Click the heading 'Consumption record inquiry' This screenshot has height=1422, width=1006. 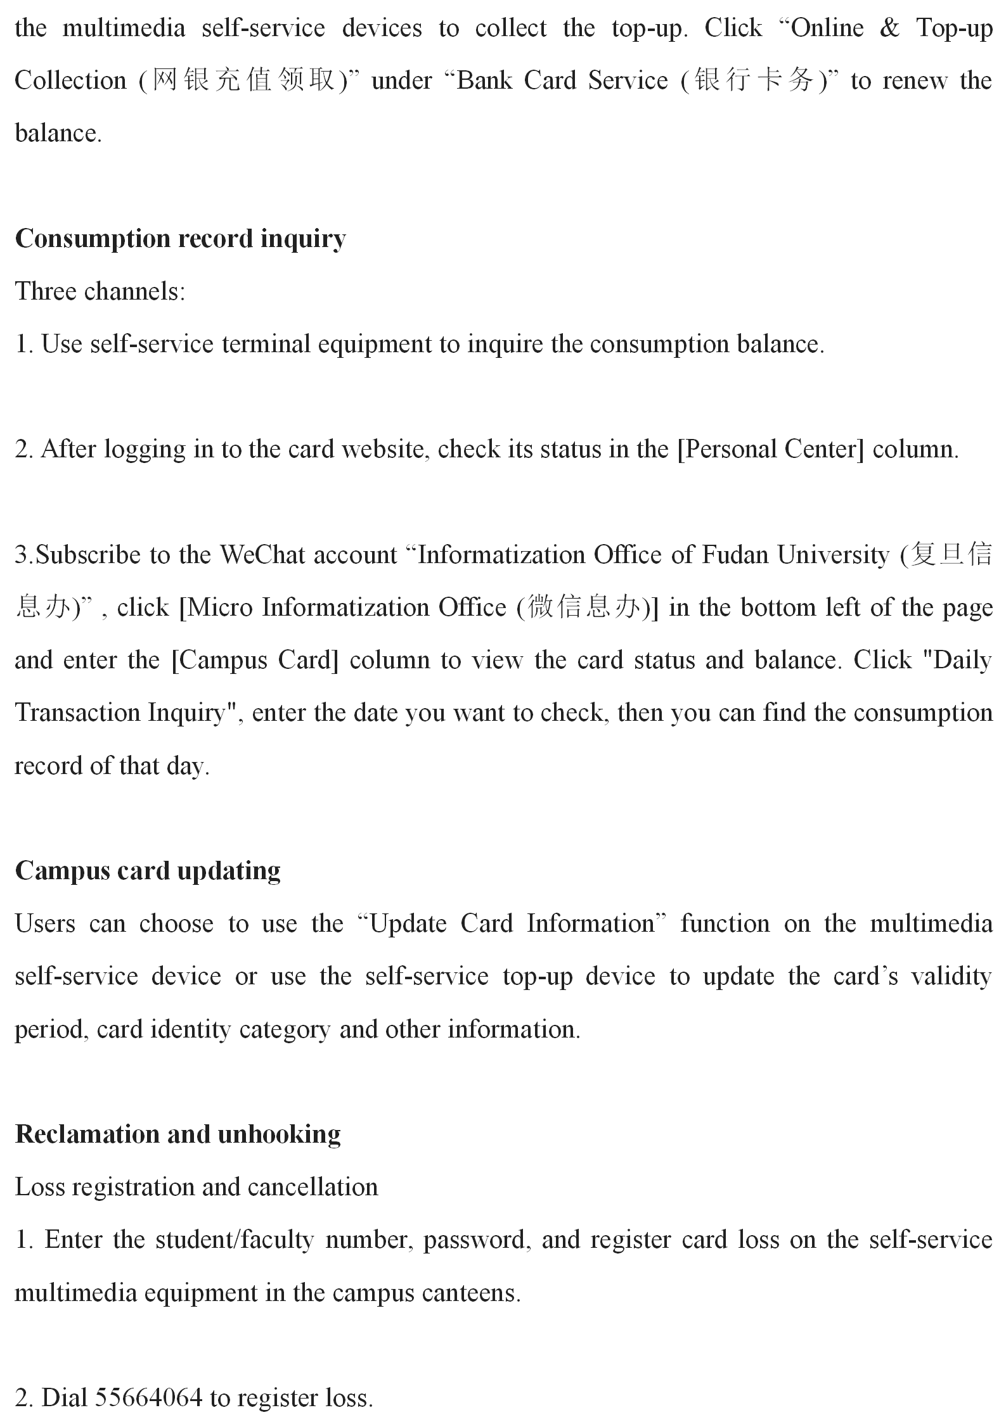(180, 239)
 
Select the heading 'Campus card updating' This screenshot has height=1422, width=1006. (148, 871)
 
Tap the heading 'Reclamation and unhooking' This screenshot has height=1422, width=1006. (177, 1134)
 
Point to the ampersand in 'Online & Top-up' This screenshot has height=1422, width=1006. (889, 29)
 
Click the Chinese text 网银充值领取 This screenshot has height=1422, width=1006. (244, 81)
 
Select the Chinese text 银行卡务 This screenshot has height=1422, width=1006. (754, 81)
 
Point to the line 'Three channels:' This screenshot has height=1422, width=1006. (100, 291)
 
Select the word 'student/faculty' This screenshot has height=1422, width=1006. (235, 1240)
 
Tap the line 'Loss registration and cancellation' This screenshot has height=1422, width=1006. (197, 1187)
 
